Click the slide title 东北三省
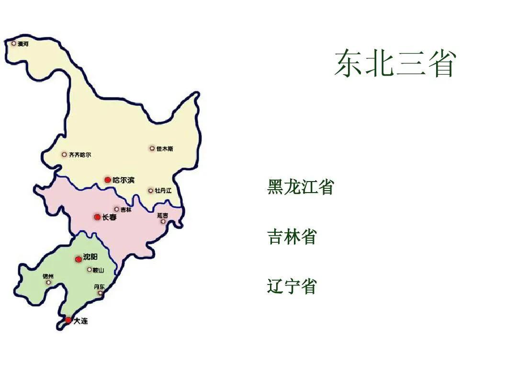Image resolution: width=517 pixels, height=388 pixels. [x=394, y=64]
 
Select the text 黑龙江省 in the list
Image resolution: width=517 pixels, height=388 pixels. [x=300, y=187]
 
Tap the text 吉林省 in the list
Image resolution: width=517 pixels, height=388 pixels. [x=292, y=237]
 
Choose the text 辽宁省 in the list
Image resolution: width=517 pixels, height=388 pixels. [x=292, y=286]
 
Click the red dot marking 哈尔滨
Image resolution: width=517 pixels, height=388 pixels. [x=108, y=180]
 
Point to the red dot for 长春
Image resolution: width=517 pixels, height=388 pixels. [x=98, y=217]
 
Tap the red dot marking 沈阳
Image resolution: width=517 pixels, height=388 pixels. [x=79, y=259]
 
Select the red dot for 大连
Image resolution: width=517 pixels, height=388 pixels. [x=68, y=320]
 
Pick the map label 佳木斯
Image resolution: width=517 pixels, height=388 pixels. [x=165, y=149]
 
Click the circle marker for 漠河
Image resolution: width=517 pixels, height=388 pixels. [x=14, y=44]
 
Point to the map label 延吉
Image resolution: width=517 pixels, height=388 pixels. [x=163, y=216]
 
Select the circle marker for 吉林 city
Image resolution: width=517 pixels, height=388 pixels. [x=116, y=209]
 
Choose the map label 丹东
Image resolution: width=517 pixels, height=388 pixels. [x=99, y=286]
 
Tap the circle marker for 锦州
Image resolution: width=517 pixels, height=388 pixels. [x=48, y=283]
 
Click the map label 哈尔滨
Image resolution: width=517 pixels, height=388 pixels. [x=124, y=180]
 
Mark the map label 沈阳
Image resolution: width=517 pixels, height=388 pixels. [x=90, y=257]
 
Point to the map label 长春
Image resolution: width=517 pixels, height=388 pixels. [x=109, y=217]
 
